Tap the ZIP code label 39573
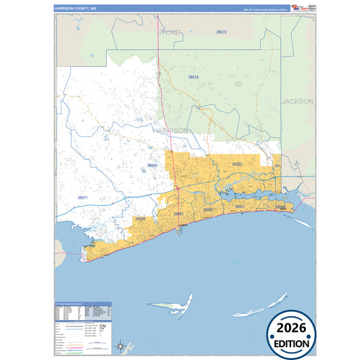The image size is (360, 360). click(x=222, y=32)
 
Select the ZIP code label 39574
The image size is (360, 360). click(x=194, y=78)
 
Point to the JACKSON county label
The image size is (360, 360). click(x=298, y=101)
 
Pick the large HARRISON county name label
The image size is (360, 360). click(x=170, y=130)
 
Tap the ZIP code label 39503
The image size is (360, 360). click(x=153, y=165)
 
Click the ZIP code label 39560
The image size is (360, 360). click(x=140, y=219)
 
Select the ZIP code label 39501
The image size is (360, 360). click(x=178, y=213)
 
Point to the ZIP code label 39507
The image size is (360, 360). click(x=209, y=210)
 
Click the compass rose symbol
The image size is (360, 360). click(x=120, y=346)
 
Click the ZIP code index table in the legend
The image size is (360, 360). click(x=81, y=311)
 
